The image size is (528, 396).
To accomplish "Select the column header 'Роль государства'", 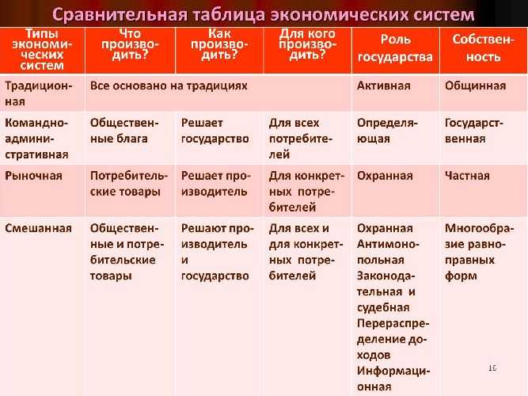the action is pos(395,48).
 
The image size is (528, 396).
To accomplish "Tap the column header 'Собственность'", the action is pos(483,48).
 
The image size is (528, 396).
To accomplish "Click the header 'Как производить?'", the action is pos(219,44).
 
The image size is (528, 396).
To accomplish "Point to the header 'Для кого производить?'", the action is pos(307,44).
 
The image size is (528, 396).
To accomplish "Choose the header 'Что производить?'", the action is pos(130,44).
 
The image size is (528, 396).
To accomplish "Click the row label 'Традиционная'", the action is pos(38,93).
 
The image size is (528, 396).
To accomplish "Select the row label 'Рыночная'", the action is pos(33,176).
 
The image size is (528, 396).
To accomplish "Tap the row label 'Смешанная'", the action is pos(38,228).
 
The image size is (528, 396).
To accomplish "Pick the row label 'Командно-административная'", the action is pos(36,139).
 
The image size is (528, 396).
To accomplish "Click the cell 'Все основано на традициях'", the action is pos(169,86).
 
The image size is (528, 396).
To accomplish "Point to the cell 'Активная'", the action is pos(384,86).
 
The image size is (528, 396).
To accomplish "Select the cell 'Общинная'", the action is pos(475,86).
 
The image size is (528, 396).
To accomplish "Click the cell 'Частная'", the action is pos(467,176).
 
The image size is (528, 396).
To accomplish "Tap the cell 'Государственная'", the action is pos(474,131).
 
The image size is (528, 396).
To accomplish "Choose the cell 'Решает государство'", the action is pos(215,131).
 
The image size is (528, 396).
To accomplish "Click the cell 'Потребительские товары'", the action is pos(128,184).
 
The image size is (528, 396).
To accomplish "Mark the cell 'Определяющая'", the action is pos(387,131).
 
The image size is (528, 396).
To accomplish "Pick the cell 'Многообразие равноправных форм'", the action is pos(479,252).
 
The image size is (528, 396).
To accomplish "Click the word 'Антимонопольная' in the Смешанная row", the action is pos(388,252).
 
